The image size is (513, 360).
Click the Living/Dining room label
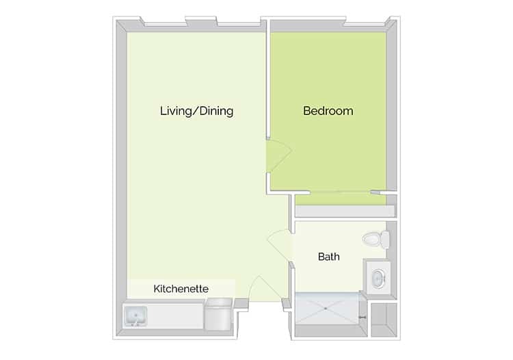tap(196, 112)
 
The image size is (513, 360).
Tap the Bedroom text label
tap(328, 111)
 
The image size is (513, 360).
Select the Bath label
tap(328, 257)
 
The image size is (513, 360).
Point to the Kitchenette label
tap(181, 289)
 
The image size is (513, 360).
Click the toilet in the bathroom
tap(376, 240)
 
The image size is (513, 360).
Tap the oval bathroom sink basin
tap(379, 279)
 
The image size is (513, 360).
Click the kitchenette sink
tap(135, 316)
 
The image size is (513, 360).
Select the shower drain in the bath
tap(326, 309)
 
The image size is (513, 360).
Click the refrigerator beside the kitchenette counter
tap(218, 314)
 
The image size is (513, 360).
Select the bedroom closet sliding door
tap(340, 192)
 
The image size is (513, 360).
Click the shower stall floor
tap(327, 309)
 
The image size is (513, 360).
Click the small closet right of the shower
tap(384, 320)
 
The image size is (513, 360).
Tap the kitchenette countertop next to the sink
tap(175, 316)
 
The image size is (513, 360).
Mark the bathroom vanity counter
tap(378, 278)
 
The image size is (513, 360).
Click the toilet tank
tap(386, 240)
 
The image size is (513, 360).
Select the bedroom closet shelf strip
tap(345, 211)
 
